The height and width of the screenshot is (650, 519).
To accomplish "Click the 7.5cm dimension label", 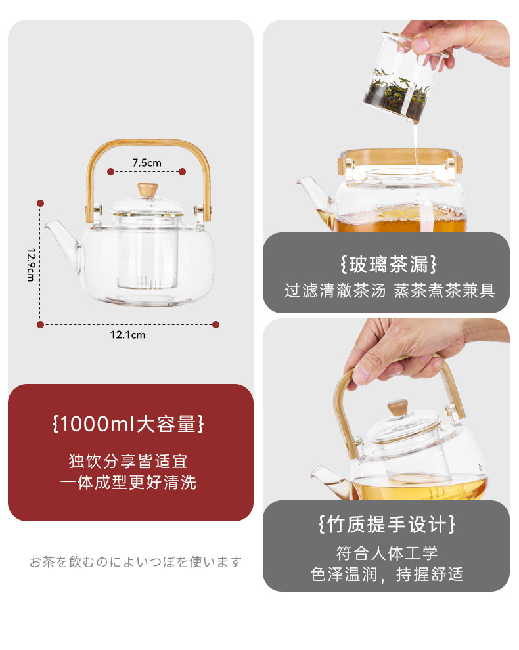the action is point(147,163).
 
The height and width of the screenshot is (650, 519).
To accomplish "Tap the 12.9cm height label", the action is point(31,265).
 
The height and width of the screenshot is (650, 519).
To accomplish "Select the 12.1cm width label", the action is point(128,335).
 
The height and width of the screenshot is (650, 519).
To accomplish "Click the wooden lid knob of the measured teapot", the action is point(148,190).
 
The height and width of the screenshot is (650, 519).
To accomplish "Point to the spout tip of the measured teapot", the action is point(47,225).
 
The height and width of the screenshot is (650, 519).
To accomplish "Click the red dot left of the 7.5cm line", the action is point(110,171).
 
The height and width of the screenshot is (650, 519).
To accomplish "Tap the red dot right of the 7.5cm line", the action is point(182,171).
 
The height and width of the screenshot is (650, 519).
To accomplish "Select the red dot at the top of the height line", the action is point(40,203).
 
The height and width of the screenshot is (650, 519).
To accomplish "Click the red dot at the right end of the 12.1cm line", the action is point(215,324).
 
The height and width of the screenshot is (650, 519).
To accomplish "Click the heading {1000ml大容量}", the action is point(128,424).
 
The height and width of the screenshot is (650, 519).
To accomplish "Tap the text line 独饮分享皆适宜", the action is point(128,461).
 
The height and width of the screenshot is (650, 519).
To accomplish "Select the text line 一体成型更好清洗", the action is point(128,482).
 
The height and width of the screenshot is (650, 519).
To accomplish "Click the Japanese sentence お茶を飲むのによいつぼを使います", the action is point(135,562).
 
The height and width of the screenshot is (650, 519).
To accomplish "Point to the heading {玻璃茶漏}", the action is point(388,265).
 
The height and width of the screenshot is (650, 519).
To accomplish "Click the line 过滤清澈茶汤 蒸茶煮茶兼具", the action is point(390,291).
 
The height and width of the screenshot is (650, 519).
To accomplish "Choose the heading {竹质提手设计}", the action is point(387,525).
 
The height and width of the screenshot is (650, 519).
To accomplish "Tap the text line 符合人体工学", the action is point(387,553).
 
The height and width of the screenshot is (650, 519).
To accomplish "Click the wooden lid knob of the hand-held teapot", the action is point(397,408).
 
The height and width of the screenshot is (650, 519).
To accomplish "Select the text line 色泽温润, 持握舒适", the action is point(387,574).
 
